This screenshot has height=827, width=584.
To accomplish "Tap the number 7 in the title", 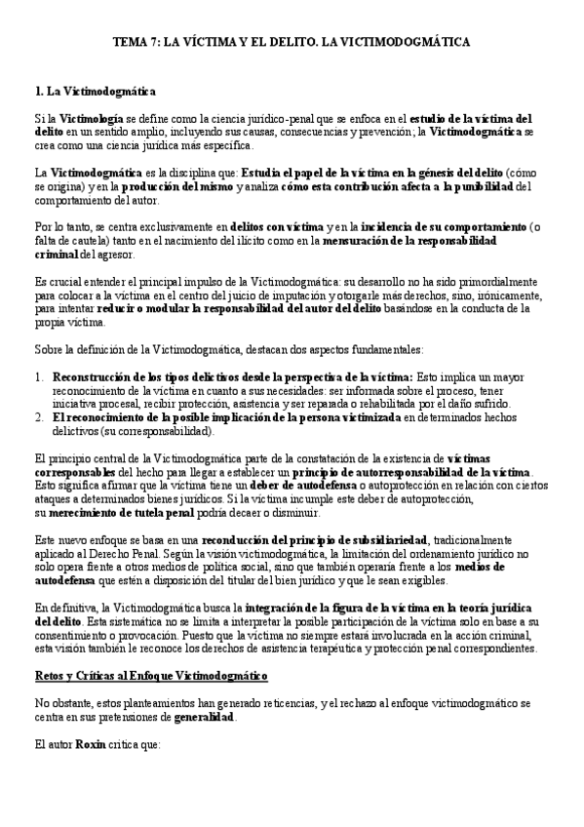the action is coord(155,43).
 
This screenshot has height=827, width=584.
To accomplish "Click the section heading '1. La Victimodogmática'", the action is coord(95,93).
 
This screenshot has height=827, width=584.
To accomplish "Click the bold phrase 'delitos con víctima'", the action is coord(277,227).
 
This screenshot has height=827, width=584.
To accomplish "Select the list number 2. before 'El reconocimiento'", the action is coord(39,416).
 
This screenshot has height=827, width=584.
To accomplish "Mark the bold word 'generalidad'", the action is coord(204,717).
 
